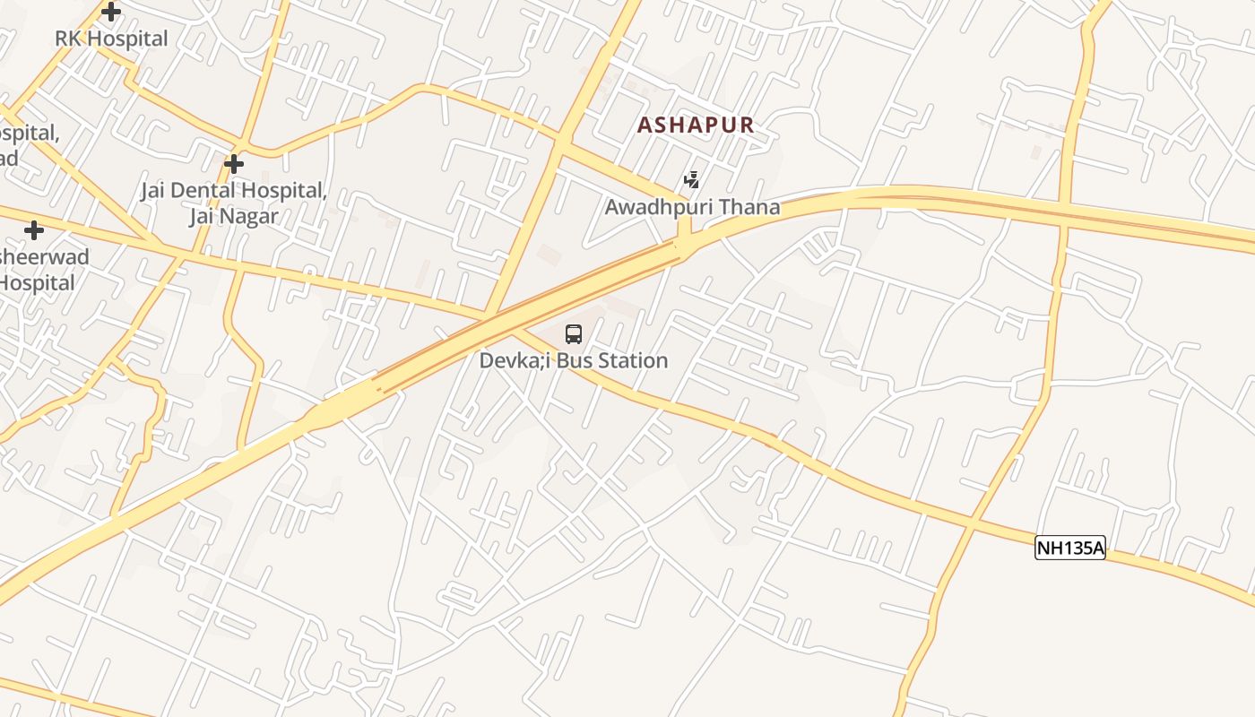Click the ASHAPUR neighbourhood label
click(x=696, y=125)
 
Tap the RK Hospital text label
click(x=111, y=39)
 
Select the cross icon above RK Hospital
click(x=111, y=12)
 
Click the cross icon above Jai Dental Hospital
click(x=234, y=164)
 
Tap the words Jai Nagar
click(x=233, y=216)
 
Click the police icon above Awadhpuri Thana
click(x=691, y=180)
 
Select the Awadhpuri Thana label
click(x=692, y=207)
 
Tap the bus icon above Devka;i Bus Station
click(x=574, y=334)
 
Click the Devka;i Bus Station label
click(x=574, y=360)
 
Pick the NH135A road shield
click(x=1070, y=548)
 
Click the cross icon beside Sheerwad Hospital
click(x=34, y=230)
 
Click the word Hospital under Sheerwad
click(x=38, y=282)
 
